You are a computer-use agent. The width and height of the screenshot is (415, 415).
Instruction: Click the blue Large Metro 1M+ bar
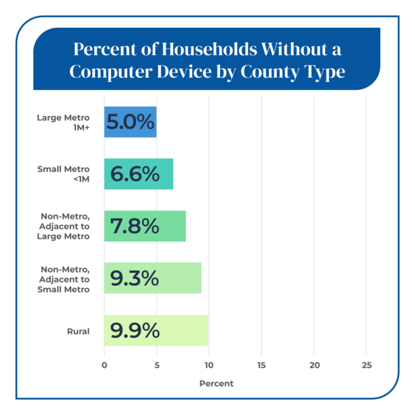pyautogui.click(x=130, y=122)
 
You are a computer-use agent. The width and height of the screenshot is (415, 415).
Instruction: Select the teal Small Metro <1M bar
pyautogui.click(x=139, y=174)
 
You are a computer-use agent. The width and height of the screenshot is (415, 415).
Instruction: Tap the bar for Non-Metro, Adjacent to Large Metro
pyautogui.click(x=145, y=226)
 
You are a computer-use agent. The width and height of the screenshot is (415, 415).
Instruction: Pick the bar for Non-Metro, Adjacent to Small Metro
pyautogui.click(x=153, y=278)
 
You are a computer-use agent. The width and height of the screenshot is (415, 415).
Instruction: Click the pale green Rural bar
pyautogui.click(x=156, y=330)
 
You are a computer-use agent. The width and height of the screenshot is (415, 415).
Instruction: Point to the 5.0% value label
pyautogui.click(x=130, y=122)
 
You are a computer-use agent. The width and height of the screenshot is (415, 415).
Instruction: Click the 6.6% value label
pyautogui.click(x=135, y=174)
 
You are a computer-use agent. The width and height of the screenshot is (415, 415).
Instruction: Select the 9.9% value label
pyautogui.click(x=135, y=330)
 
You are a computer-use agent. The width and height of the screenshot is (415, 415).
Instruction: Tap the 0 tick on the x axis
pyautogui.click(x=104, y=365)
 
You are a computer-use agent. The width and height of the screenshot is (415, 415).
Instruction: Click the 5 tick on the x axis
pyautogui.click(x=157, y=365)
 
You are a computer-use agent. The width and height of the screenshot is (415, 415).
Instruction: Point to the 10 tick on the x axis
pyautogui.click(x=209, y=365)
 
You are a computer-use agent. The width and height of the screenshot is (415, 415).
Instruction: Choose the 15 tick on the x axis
pyautogui.click(x=261, y=365)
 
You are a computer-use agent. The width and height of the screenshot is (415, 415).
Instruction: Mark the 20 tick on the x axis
pyautogui.click(x=314, y=365)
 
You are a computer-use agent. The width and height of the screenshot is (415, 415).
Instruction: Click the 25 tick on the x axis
pyautogui.click(x=367, y=365)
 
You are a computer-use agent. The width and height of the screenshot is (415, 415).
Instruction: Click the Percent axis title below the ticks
pyautogui.click(x=216, y=384)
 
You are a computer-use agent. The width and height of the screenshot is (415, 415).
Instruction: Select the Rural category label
pyautogui.click(x=78, y=331)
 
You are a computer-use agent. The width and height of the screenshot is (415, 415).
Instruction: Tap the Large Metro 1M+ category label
pyautogui.click(x=63, y=123)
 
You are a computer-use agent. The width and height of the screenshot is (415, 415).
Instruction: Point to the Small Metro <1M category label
pyautogui.click(x=63, y=174)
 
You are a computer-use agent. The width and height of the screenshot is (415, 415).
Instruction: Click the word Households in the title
pyautogui.click(x=209, y=49)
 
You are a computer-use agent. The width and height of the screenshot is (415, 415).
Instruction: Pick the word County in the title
pyautogui.click(x=270, y=72)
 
